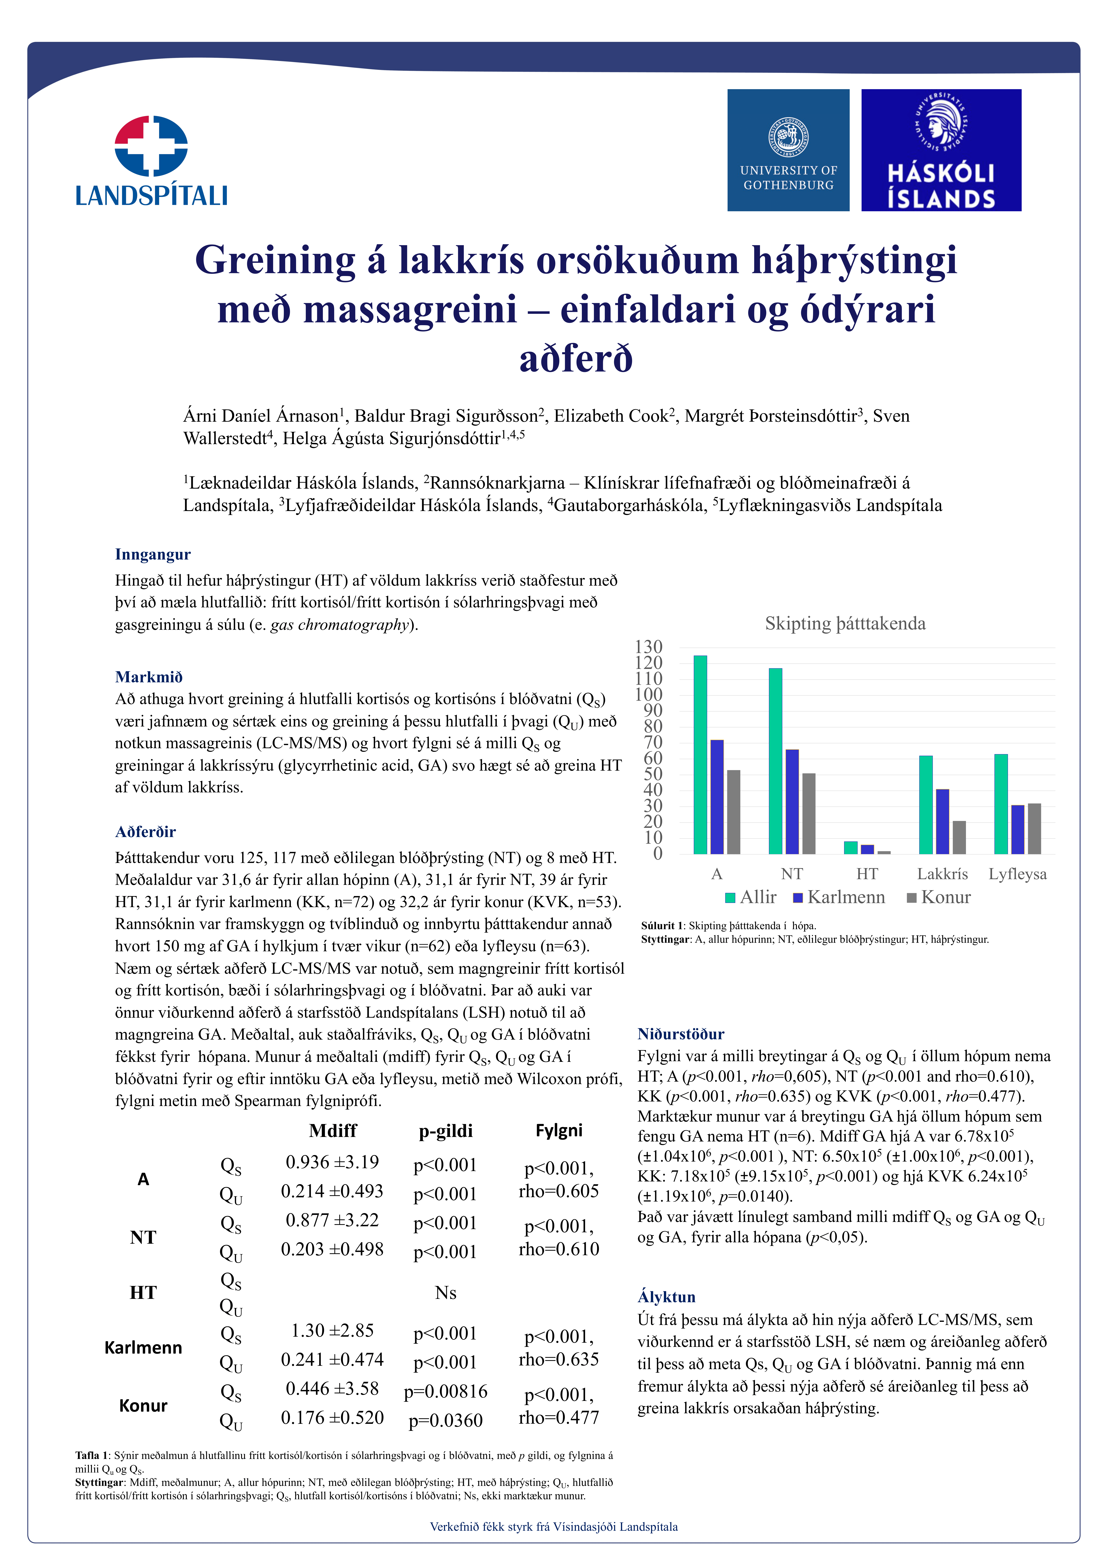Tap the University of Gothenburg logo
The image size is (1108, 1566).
[788, 150]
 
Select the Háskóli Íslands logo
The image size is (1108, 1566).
[941, 150]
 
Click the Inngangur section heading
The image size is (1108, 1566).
[153, 555]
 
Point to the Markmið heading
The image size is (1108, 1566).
[149, 677]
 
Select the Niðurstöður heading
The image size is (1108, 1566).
[680, 1034]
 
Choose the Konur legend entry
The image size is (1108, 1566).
[939, 898]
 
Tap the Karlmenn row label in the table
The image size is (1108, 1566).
[143, 1348]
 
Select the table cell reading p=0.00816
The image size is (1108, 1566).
[446, 1391]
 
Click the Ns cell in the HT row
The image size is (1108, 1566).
[446, 1293]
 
